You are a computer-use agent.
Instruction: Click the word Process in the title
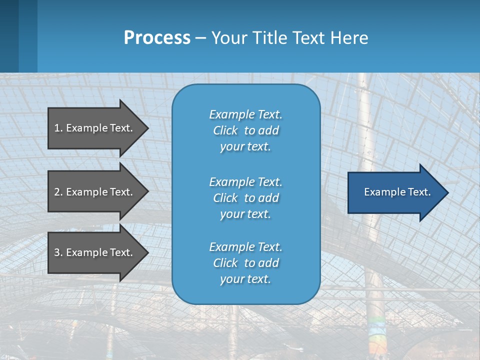157,37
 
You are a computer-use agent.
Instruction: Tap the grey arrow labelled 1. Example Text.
95,128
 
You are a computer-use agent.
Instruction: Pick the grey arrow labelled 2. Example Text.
95,192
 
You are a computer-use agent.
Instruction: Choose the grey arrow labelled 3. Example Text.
95,252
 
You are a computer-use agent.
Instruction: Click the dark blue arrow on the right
395,192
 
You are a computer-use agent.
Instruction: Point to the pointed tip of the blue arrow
446,192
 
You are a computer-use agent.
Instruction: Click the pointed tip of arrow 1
147,128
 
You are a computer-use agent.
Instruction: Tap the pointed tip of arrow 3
147,252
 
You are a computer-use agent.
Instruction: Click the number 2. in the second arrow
58,192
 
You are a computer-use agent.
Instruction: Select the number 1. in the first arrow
58,128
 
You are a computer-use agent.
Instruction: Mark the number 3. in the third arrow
58,252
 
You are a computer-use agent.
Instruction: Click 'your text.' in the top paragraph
245,147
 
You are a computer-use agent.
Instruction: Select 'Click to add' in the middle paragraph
245,198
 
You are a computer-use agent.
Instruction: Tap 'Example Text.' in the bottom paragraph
245,247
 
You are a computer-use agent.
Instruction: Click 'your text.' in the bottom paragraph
245,279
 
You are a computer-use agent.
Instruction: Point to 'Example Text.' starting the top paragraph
245,114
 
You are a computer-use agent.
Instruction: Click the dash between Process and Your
200,38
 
